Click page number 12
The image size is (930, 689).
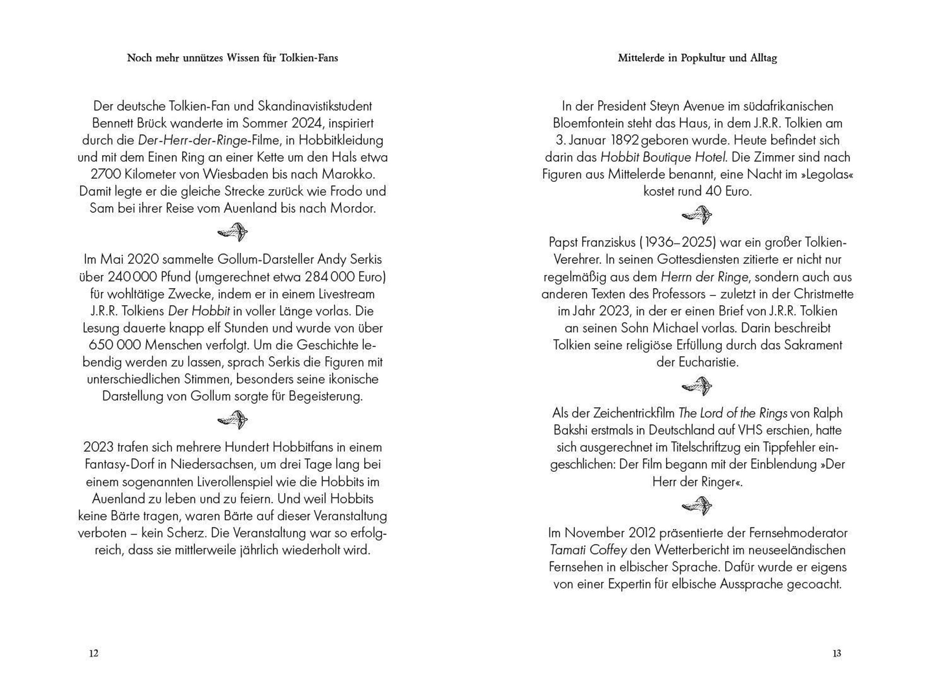point(94,653)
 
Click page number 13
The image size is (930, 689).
point(837,653)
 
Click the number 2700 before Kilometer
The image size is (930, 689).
point(105,174)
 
